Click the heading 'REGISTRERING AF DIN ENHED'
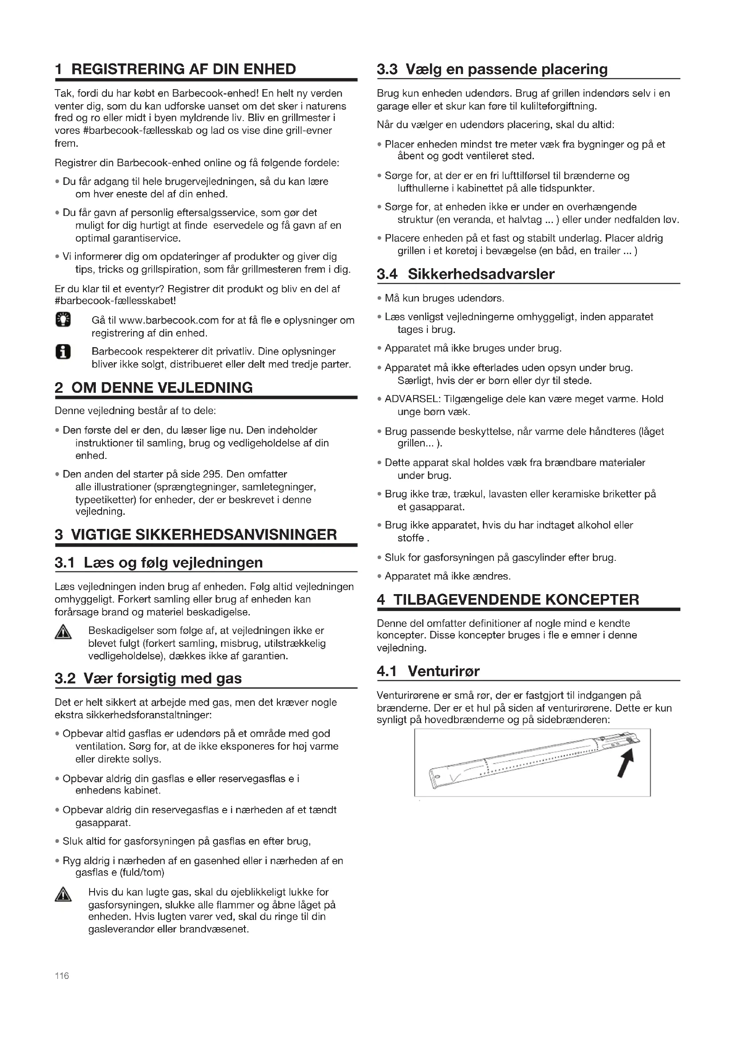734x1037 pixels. (184, 69)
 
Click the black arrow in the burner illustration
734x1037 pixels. (627, 763)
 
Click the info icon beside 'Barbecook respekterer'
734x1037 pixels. (63, 352)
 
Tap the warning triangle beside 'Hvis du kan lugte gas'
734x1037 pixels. (63, 895)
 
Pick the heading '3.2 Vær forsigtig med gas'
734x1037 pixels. (148, 678)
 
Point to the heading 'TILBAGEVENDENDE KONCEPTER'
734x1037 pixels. (516, 599)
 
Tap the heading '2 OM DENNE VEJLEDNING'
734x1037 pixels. (154, 387)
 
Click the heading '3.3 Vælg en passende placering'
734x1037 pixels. (492, 69)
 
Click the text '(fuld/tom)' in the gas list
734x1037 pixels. (142, 872)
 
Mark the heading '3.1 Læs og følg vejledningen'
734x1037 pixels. (158, 562)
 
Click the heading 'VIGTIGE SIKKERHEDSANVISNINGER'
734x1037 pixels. (204, 534)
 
